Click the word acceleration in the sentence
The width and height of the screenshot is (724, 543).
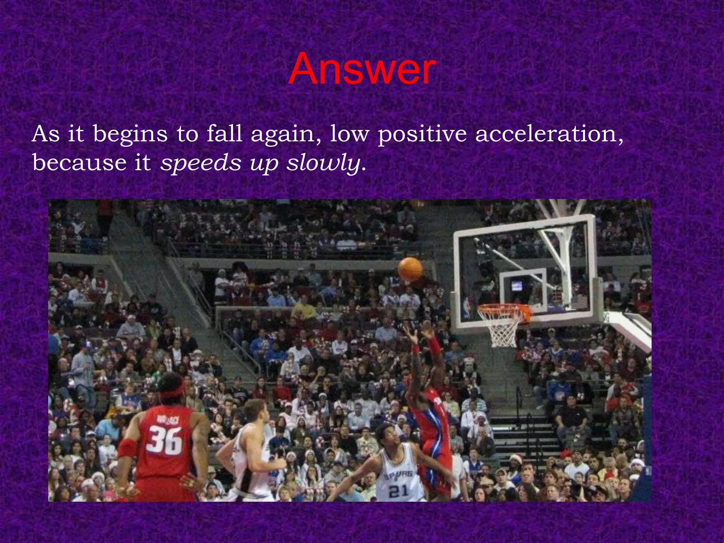click(549, 134)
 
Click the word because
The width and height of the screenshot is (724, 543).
click(79, 163)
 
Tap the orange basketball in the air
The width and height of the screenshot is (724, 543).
click(410, 269)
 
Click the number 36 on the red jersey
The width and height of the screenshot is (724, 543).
click(165, 440)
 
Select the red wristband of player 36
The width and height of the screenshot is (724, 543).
click(127, 448)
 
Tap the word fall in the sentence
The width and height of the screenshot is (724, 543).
click(224, 134)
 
